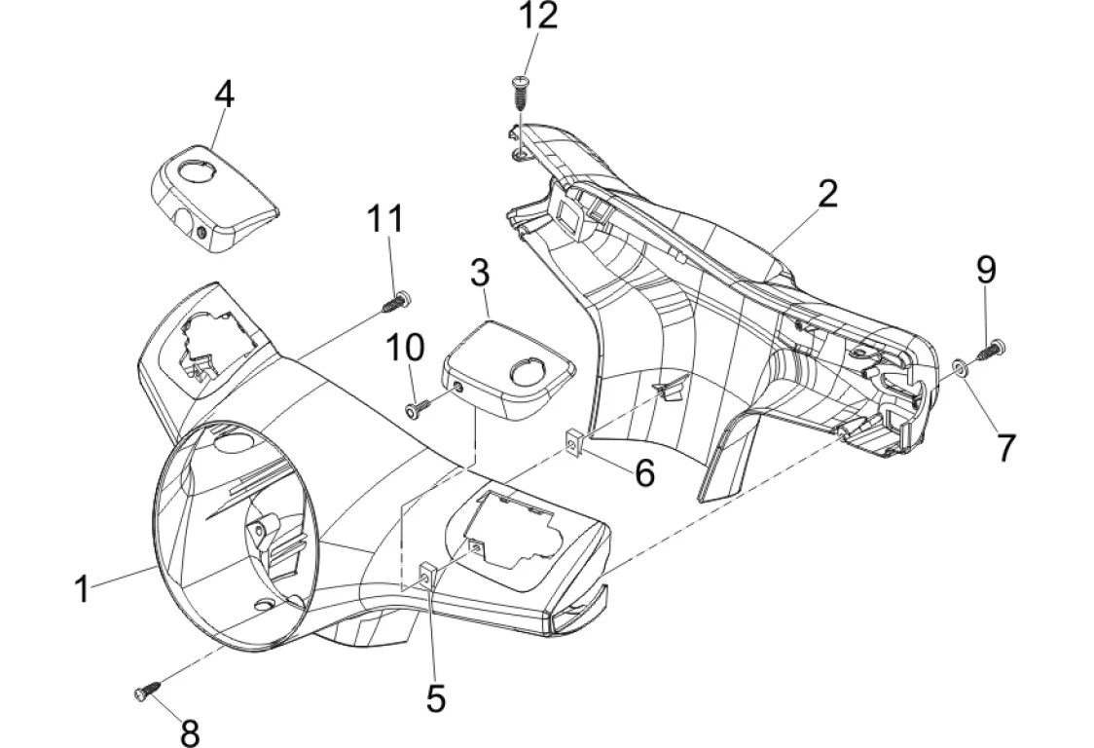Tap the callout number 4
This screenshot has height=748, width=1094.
coord(224,94)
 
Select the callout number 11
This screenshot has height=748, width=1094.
coord(384,220)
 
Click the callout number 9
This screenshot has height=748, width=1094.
coord(986,269)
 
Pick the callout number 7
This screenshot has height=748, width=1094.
coord(1005,447)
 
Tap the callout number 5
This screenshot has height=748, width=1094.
coord(435,696)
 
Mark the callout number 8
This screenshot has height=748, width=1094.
coord(189,730)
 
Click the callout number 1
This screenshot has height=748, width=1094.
coord(84,587)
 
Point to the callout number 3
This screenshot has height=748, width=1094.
coord(479,273)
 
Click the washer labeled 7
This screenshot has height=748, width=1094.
coord(960,366)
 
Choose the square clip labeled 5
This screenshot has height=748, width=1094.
coord(427,577)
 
